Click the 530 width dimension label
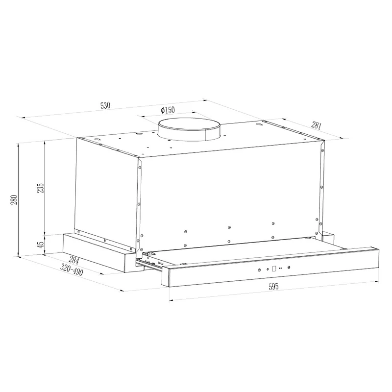pyautogui.click(x=105, y=105)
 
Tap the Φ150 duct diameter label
pyautogui.click(x=168, y=110)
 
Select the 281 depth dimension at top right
pyautogui.click(x=316, y=125)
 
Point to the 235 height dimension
pyautogui.click(x=40, y=188)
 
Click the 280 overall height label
pyautogui.click(x=14, y=200)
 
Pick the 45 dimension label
pyautogui.click(x=40, y=243)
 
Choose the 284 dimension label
pyautogui.click(x=74, y=260)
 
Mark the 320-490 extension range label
pyautogui.click(x=72, y=270)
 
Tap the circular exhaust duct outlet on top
pyautogui.click(x=189, y=129)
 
